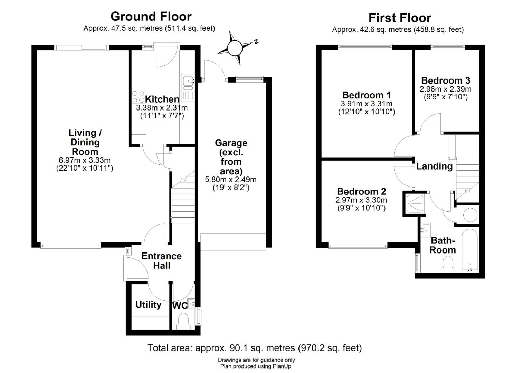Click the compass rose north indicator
(256, 42)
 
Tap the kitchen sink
(188, 88)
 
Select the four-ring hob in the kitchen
(138, 96)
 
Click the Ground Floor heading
(151, 17)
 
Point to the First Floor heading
(400, 18)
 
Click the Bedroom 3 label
(446, 80)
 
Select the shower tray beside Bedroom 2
(415, 203)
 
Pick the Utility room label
(148, 305)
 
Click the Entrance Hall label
(161, 260)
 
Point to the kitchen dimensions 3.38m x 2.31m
(162, 107)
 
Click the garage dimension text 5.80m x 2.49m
(231, 179)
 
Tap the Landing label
(434, 166)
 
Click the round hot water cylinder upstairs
(470, 214)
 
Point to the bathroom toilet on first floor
(448, 265)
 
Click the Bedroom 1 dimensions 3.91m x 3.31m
(367, 104)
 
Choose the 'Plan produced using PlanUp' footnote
(256, 366)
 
